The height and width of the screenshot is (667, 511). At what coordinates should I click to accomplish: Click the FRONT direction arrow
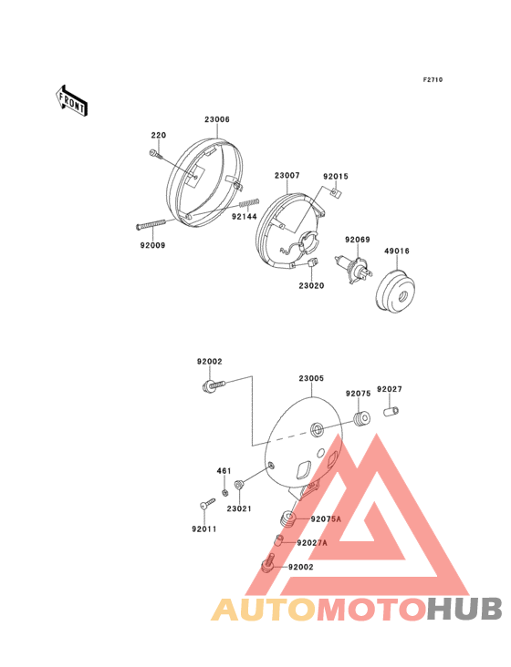71,100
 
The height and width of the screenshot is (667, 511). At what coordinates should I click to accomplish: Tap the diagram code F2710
433,79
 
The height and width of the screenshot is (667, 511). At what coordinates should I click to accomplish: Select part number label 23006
217,119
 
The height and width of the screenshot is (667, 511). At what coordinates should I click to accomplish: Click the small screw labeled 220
156,154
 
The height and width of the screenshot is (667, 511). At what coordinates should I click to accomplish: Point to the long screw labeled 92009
151,224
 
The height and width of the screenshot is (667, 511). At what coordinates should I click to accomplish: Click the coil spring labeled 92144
249,203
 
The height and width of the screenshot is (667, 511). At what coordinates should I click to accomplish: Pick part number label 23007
287,175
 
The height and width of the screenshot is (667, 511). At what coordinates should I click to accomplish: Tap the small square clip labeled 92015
337,192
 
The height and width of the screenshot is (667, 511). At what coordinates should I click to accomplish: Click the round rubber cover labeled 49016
396,292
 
